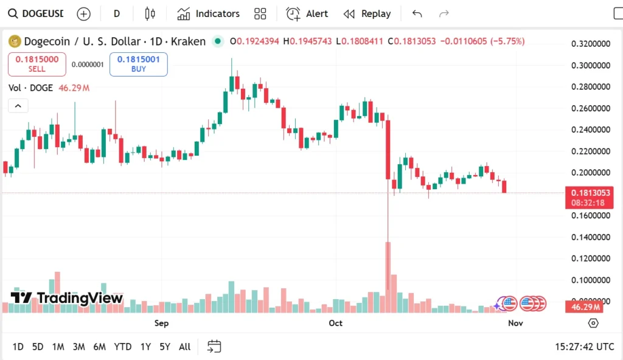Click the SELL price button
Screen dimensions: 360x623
click(37, 64)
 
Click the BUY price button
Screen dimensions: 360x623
click(138, 64)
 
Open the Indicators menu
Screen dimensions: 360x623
click(209, 13)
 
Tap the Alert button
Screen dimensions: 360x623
click(307, 13)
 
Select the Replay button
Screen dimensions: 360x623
click(367, 13)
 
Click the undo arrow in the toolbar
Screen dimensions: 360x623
click(417, 13)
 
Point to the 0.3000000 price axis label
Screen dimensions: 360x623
click(589, 65)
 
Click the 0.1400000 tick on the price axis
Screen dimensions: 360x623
click(589, 237)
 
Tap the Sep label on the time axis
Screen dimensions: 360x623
click(161, 323)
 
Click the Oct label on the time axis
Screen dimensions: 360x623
click(335, 323)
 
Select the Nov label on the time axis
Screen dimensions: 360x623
click(515, 323)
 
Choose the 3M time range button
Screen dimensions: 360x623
click(78, 347)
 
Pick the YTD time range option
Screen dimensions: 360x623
click(123, 347)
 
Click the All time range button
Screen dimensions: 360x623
click(184, 347)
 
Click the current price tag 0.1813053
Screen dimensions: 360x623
click(588, 193)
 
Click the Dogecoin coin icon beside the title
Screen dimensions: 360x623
click(14, 41)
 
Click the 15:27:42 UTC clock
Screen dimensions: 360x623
click(584, 347)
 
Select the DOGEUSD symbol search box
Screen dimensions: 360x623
click(37, 13)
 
